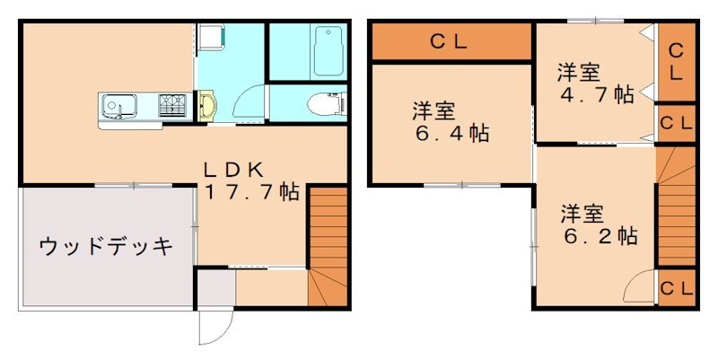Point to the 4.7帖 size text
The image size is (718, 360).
pyautogui.click(x=596, y=94)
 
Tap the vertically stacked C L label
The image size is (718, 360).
pyautogui.click(x=676, y=61)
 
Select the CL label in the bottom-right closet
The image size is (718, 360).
pyautogui.click(x=676, y=288)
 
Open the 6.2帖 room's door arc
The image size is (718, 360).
pyautogui.click(x=641, y=287)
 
